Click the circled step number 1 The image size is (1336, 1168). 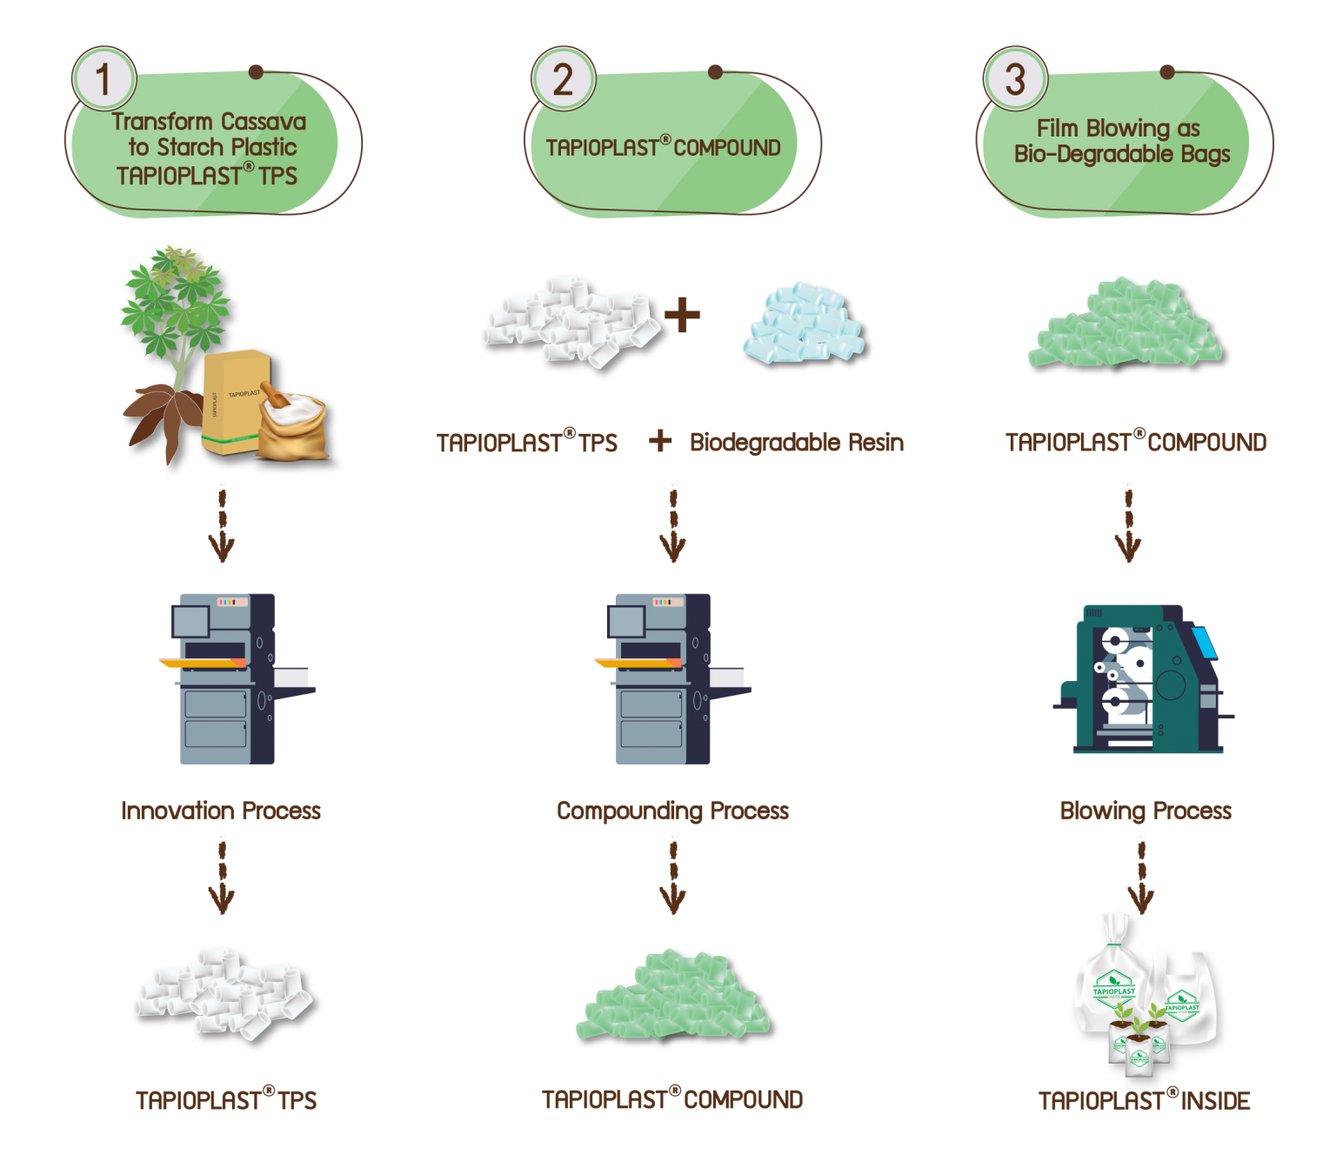(104, 79)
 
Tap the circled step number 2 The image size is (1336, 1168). (563, 79)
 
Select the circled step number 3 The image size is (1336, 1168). (1015, 79)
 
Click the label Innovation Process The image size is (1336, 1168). (221, 811)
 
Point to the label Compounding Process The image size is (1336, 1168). (672, 811)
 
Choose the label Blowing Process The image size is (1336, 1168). (1146, 811)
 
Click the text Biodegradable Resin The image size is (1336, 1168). (796, 442)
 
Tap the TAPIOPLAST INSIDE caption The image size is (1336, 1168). (1145, 1100)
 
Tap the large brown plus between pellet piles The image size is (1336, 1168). (684, 315)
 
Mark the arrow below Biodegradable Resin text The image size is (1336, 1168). (672, 522)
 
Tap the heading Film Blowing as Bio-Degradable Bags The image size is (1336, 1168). (1122, 141)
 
